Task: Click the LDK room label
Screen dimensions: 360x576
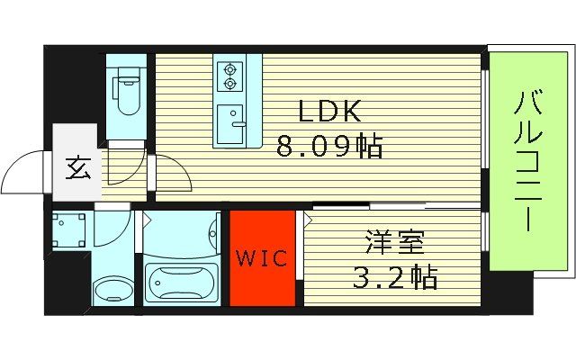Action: tap(329, 112)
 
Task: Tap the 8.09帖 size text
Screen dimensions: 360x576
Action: tap(329, 145)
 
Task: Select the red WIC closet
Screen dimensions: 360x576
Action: tap(262, 257)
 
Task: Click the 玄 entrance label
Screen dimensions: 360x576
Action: tap(77, 169)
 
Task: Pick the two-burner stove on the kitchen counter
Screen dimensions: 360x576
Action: tap(229, 76)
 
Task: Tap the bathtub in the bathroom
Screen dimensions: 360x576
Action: tap(182, 286)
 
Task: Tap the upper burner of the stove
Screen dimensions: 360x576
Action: tap(229, 68)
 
